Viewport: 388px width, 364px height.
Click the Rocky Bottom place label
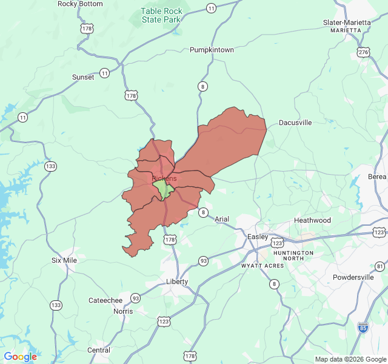tap(79, 4)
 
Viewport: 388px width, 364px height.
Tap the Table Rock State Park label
tap(161, 15)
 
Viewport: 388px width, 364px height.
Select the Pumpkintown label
tap(212, 50)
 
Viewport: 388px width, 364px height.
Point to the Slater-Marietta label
tap(347, 23)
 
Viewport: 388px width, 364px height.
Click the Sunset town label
tap(83, 77)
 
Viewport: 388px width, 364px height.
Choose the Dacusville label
tap(295, 123)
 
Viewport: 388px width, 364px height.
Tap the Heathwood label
tap(312, 220)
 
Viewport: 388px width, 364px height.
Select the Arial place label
tap(222, 219)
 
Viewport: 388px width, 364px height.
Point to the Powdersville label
tap(357, 277)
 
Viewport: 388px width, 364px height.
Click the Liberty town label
tap(177, 281)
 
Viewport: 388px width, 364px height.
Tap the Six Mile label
tap(64, 260)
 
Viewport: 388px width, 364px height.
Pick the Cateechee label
tap(105, 300)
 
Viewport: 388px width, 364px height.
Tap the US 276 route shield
tap(363, 52)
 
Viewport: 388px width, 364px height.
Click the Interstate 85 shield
tap(363, 327)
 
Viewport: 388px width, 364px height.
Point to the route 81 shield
tap(380, 266)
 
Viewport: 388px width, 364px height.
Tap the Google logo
tap(20, 357)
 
